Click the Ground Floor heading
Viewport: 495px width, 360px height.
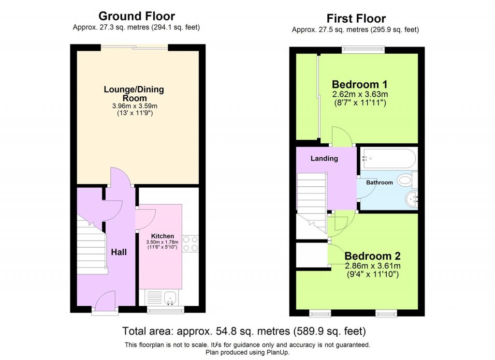pyautogui.click(x=136, y=16)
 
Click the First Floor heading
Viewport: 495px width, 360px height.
pyautogui.click(x=356, y=18)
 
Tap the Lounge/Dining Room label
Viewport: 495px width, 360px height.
pyautogui.click(x=134, y=94)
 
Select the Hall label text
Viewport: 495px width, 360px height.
pyautogui.click(x=119, y=252)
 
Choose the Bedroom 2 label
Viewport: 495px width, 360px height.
pyautogui.click(x=372, y=256)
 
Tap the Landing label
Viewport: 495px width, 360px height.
pyautogui.click(x=324, y=158)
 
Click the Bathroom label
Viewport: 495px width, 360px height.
pyautogui.click(x=379, y=182)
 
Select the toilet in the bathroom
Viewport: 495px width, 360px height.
pyautogui.click(x=407, y=181)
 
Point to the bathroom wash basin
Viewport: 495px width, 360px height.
pyautogui.click(x=411, y=198)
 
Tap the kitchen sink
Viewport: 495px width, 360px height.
pyautogui.click(x=169, y=298)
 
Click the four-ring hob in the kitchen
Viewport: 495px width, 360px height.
pyautogui.click(x=190, y=243)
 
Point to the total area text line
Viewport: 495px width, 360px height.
pyautogui.click(x=244, y=331)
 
